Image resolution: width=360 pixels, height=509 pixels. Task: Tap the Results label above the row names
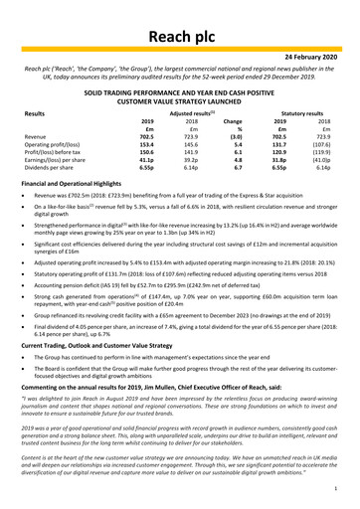33,117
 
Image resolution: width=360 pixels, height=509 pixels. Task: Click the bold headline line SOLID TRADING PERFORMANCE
179,90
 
